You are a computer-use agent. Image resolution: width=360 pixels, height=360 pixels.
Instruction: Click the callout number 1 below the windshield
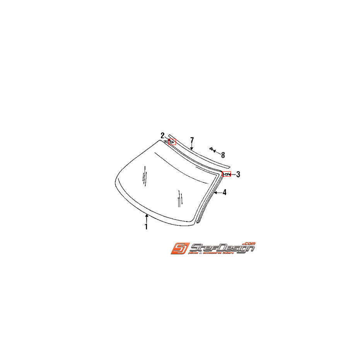[146, 227]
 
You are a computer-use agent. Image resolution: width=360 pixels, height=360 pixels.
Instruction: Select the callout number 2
[163, 135]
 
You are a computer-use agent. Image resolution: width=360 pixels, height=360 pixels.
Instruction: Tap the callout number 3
[238, 175]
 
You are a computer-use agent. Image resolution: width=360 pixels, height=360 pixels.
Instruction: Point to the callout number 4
[224, 192]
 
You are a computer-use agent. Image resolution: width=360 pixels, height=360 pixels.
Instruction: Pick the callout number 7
[192, 140]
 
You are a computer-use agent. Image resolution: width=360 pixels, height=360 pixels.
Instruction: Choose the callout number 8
[223, 155]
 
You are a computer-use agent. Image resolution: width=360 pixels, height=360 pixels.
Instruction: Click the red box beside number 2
[172, 142]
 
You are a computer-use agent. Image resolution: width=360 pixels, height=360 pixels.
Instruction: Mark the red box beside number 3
[227, 174]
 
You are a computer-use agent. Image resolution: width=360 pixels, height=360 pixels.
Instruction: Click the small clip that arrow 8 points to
[212, 148]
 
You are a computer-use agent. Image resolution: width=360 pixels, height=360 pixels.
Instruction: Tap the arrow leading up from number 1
[147, 219]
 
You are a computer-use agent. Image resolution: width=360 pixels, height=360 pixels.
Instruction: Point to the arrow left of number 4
[218, 192]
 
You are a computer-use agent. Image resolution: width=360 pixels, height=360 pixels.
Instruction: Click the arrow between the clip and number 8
[217, 152]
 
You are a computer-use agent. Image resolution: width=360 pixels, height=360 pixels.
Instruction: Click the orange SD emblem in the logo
[179, 248]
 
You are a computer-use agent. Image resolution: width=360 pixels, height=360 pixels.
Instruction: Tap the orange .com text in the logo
[249, 243]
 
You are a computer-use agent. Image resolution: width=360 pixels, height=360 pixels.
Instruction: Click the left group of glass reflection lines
[145, 176]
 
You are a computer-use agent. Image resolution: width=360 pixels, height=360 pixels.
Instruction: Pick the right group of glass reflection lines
[179, 198]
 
